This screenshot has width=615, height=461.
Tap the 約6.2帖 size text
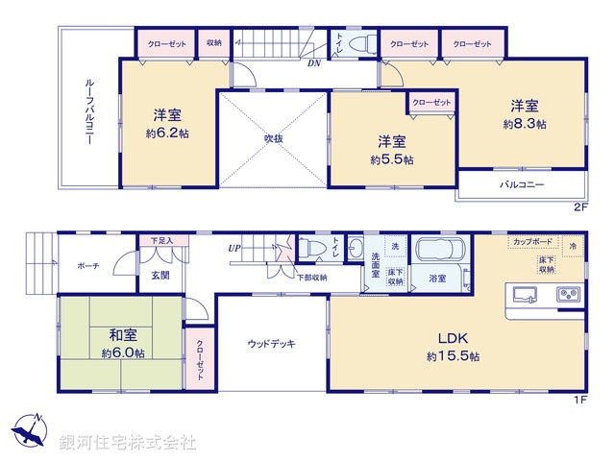pos(168,133)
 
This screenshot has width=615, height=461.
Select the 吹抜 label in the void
pos(274,138)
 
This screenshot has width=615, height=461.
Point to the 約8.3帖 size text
pos(525,125)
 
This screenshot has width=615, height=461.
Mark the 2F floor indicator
pos(579,206)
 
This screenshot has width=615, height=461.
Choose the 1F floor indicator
pos(579,400)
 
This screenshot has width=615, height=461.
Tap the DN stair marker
pos(314,64)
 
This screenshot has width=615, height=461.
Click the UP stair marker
pos(234,249)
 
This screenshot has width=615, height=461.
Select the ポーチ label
pos(89,267)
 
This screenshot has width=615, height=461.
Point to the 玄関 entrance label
pos(159,275)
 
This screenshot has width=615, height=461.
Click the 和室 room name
pos(122,335)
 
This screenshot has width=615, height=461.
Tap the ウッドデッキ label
pos(271,343)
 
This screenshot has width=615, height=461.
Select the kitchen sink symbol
pos(525,294)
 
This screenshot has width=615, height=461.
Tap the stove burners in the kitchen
pos(568,293)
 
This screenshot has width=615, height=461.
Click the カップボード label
pos(531,242)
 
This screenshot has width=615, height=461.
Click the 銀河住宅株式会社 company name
pos(128,443)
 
